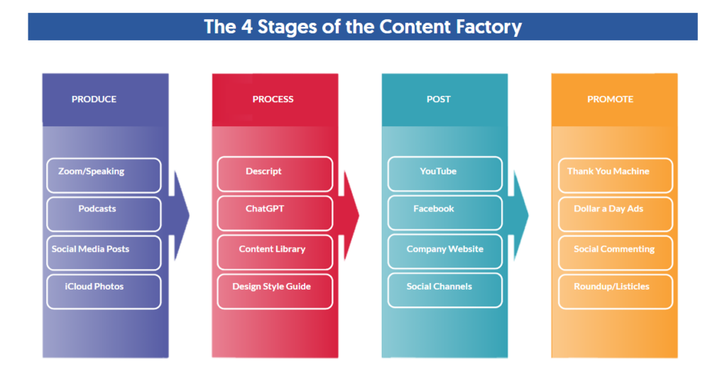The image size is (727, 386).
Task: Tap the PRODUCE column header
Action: point(94,99)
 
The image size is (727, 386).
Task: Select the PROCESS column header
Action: point(273,99)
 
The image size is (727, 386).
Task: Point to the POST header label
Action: point(438,99)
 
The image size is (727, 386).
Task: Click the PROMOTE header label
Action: point(610,99)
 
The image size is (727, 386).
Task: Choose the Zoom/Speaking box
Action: point(104,175)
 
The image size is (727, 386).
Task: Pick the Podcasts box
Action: point(104,214)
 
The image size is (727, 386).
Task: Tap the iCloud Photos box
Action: point(104,292)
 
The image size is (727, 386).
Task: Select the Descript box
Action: point(275,175)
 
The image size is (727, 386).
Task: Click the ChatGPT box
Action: point(275,213)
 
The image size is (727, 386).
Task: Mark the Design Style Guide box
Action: point(275,291)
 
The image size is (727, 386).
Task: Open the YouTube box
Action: point(445,174)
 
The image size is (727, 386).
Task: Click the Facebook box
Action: point(445,213)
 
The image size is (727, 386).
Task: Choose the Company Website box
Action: point(445,252)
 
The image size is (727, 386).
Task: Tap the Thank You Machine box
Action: point(616,175)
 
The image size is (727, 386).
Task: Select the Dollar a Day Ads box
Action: point(616,214)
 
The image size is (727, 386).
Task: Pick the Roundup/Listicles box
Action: point(616,292)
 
